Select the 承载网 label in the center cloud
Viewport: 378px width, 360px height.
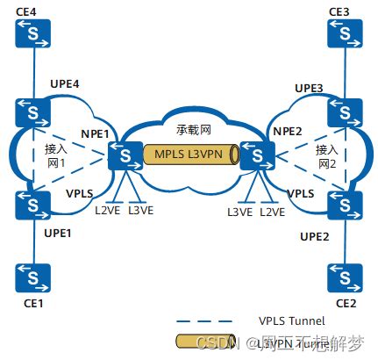[x=194, y=128]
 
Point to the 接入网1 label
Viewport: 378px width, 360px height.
[x=57, y=157]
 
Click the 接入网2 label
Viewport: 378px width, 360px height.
[x=326, y=157]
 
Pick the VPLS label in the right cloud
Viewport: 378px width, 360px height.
[x=300, y=192]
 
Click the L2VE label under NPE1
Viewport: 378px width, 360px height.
[x=107, y=212]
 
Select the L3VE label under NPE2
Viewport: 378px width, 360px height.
[x=239, y=212]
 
